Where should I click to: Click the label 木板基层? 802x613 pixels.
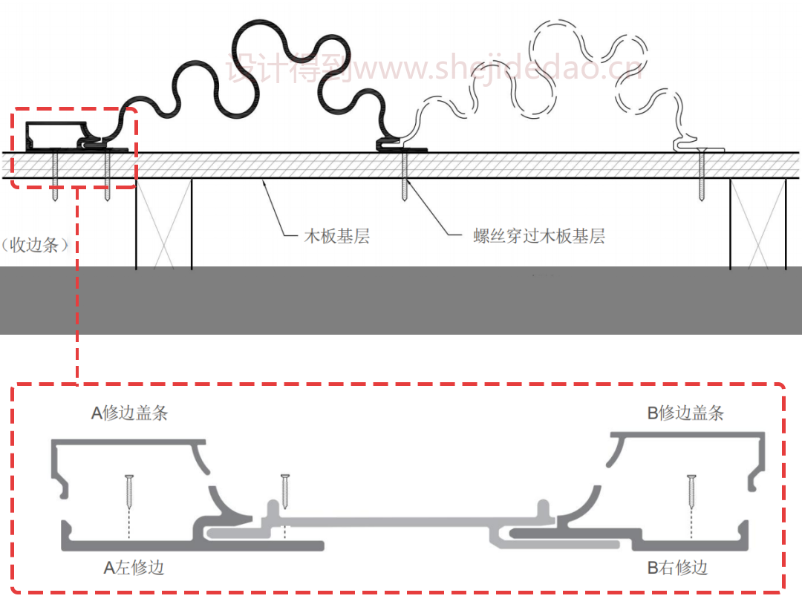pos(337,237)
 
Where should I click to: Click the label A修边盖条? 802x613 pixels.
pos(129,413)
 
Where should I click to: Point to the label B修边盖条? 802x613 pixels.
pos(685,413)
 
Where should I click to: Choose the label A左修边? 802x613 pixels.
pos(134,568)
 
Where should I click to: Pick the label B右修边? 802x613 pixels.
pos(677,568)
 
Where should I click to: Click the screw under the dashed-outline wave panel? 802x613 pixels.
pos(701,176)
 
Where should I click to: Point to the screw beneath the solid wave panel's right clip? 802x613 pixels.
pos(404,176)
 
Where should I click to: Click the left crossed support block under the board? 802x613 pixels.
pos(163,223)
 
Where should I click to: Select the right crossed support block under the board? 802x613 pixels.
pos(757,223)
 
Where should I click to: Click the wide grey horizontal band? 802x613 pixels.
pos(401,301)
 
